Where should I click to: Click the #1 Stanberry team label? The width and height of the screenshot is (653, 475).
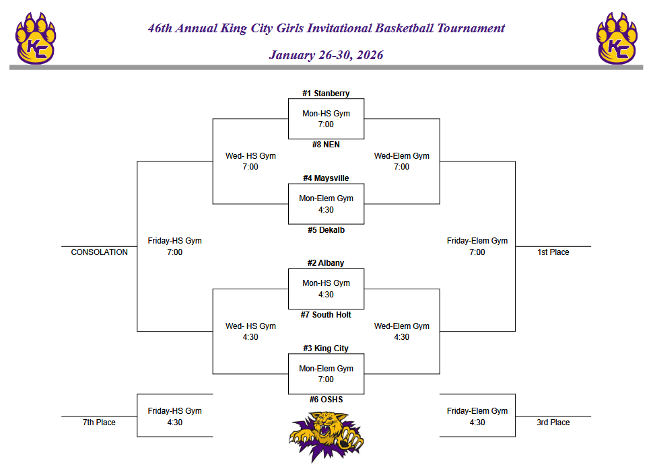click(326, 94)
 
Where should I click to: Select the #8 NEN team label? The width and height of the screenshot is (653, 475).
click(326, 145)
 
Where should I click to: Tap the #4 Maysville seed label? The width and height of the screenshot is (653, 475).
click(326, 178)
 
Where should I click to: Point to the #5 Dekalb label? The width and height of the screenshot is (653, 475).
click(326, 230)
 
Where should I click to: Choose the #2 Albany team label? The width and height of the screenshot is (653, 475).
click(326, 263)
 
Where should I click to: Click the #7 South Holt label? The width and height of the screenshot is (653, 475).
click(326, 315)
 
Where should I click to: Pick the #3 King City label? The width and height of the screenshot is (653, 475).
click(326, 349)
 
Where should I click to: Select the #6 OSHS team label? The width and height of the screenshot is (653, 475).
click(326, 400)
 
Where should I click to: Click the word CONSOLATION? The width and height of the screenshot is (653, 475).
click(99, 252)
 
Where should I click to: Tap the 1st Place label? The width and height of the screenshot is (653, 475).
click(553, 252)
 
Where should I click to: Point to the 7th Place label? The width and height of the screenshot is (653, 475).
click(99, 423)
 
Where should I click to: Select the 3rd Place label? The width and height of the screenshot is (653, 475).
click(553, 423)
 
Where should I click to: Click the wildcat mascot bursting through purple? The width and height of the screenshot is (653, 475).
click(326, 436)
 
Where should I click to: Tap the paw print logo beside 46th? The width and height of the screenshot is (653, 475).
click(36, 38)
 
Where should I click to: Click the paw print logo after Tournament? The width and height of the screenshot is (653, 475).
click(617, 38)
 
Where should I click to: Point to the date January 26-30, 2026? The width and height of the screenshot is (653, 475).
click(326, 55)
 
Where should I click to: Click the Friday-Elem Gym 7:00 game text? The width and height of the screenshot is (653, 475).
click(477, 246)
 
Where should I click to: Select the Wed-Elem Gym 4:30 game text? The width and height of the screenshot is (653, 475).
click(401, 332)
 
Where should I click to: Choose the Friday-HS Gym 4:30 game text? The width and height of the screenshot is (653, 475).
click(174, 416)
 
